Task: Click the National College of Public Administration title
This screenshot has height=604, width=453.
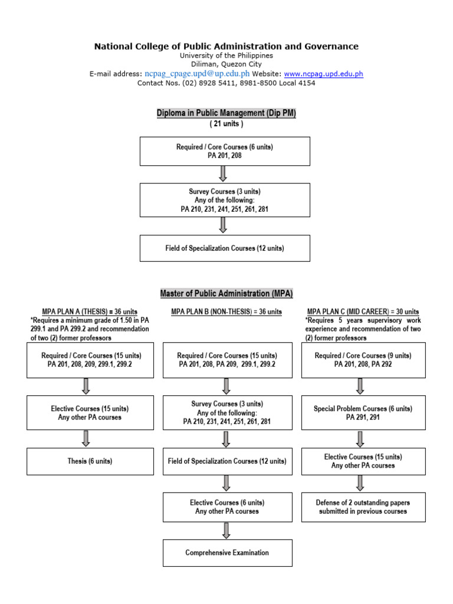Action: [226, 46]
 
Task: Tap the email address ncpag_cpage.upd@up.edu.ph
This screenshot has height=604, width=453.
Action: [197, 74]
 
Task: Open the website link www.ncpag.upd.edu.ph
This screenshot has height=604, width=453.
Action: [323, 74]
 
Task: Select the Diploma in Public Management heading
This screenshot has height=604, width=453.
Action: [226, 113]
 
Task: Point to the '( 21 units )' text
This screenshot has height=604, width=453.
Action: [226, 124]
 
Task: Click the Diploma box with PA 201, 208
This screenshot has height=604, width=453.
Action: [225, 152]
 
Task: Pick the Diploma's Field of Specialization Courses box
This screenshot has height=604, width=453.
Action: [225, 248]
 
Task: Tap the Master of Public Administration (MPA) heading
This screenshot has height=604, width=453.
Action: [226, 293]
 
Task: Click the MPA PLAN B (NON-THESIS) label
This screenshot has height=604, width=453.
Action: [226, 311]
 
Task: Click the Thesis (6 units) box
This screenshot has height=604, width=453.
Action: [90, 461]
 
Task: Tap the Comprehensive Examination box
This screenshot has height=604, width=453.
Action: [227, 553]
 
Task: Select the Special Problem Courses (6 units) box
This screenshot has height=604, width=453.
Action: [363, 413]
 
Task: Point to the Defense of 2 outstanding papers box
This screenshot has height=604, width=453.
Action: [363, 507]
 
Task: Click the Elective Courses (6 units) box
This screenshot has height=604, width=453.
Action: [227, 507]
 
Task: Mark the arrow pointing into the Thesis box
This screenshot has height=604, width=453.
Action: [86, 438]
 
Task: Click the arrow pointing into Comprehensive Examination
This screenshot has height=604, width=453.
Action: [226, 530]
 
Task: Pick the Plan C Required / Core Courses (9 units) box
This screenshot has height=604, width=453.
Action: [363, 360]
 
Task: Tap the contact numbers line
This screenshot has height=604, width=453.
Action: [226, 83]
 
